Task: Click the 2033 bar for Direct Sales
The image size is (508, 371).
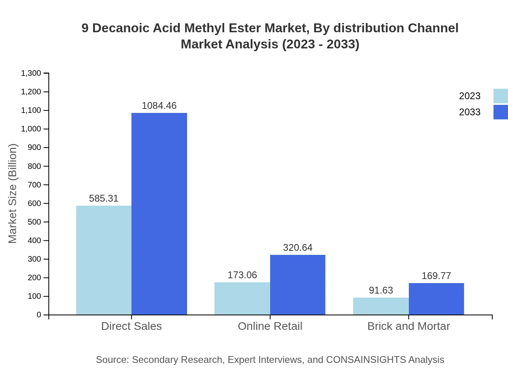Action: pyautogui.click(x=159, y=214)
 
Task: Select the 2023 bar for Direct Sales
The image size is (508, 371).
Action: pyautogui.click(x=104, y=260)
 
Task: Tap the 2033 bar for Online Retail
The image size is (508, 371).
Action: pyautogui.click(x=298, y=285)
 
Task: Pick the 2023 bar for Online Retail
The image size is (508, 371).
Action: pyautogui.click(x=242, y=298)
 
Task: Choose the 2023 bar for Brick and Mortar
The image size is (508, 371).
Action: pyautogui.click(x=381, y=306)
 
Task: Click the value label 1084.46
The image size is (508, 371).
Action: pyautogui.click(x=159, y=106)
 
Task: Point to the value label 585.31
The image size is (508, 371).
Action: pyautogui.click(x=104, y=198)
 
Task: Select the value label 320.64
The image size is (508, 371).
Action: pyautogui.click(x=298, y=248)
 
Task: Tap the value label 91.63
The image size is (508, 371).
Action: pyautogui.click(x=381, y=290)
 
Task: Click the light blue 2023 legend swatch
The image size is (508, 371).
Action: pyautogui.click(x=500, y=96)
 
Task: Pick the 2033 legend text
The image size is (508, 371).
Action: pyautogui.click(x=470, y=112)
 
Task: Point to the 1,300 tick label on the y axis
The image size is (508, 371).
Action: pyautogui.click(x=31, y=73)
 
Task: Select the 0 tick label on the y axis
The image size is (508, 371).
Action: pyautogui.click(x=39, y=315)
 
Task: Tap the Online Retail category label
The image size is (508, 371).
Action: pyautogui.click(x=270, y=326)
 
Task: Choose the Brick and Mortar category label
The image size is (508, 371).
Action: pyautogui.click(x=408, y=326)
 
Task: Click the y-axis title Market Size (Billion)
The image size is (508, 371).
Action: pyautogui.click(x=13, y=194)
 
